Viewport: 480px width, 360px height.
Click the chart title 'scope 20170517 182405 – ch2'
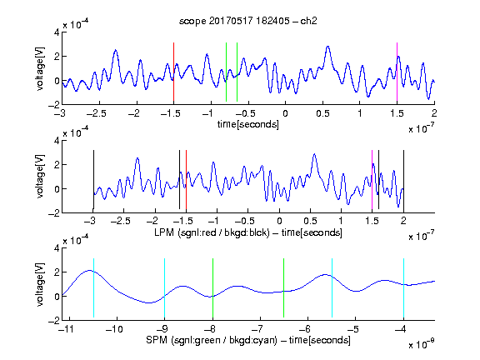[248, 21]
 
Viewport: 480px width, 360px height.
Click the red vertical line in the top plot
[173, 72]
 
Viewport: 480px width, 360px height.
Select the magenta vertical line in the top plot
[397, 72]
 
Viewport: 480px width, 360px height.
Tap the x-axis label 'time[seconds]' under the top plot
[248, 124]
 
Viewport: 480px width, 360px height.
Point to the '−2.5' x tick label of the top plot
[96, 113]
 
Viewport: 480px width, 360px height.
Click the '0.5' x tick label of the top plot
[322, 113]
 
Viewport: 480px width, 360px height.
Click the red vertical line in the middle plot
[186, 180]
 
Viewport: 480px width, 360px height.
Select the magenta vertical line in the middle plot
[372, 180]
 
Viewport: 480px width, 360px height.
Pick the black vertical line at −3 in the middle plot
[93, 180]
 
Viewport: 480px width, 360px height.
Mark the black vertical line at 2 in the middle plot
[403, 180]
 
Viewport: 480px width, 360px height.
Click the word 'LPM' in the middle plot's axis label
[164, 232]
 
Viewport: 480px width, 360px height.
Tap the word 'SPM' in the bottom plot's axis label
[157, 340]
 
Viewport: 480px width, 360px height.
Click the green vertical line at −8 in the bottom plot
[212, 287]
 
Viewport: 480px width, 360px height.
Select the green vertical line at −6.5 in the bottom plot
[284, 287]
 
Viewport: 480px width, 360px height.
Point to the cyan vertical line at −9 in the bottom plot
[165, 287]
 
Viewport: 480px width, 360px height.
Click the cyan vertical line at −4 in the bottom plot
[403, 287]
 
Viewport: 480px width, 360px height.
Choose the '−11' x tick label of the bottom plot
[66, 329]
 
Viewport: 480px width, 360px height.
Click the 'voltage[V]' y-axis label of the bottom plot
[40, 284]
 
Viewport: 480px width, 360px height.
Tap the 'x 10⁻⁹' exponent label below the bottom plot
[422, 343]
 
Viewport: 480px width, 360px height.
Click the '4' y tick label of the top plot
[57, 32]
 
